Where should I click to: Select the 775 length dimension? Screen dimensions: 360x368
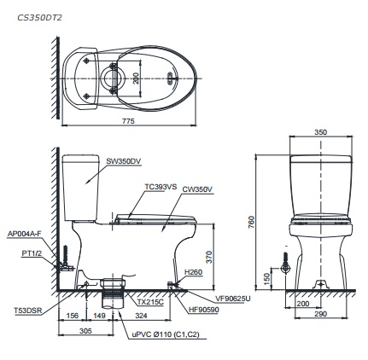127,122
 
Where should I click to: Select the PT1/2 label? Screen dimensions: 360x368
32,253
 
